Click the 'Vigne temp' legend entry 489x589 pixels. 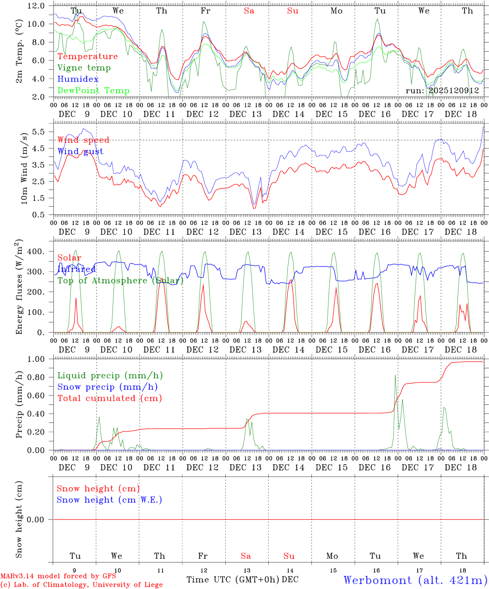(x=84, y=68)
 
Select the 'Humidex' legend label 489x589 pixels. (x=78, y=79)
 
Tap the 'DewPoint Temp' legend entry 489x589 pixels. (x=93, y=91)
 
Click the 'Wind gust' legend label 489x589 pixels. (x=80, y=151)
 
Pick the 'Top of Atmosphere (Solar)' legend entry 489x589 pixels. (x=120, y=281)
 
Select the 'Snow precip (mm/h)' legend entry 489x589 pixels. (x=107, y=387)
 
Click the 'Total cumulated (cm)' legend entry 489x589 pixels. (x=109, y=398)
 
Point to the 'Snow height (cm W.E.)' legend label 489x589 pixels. (x=109, y=500)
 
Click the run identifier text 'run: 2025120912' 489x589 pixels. (x=442, y=91)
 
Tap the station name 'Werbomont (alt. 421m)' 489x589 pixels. (x=415, y=580)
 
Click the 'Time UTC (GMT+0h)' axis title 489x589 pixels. (x=233, y=580)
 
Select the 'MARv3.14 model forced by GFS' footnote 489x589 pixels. (x=58, y=576)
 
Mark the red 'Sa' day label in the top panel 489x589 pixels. (x=249, y=11)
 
